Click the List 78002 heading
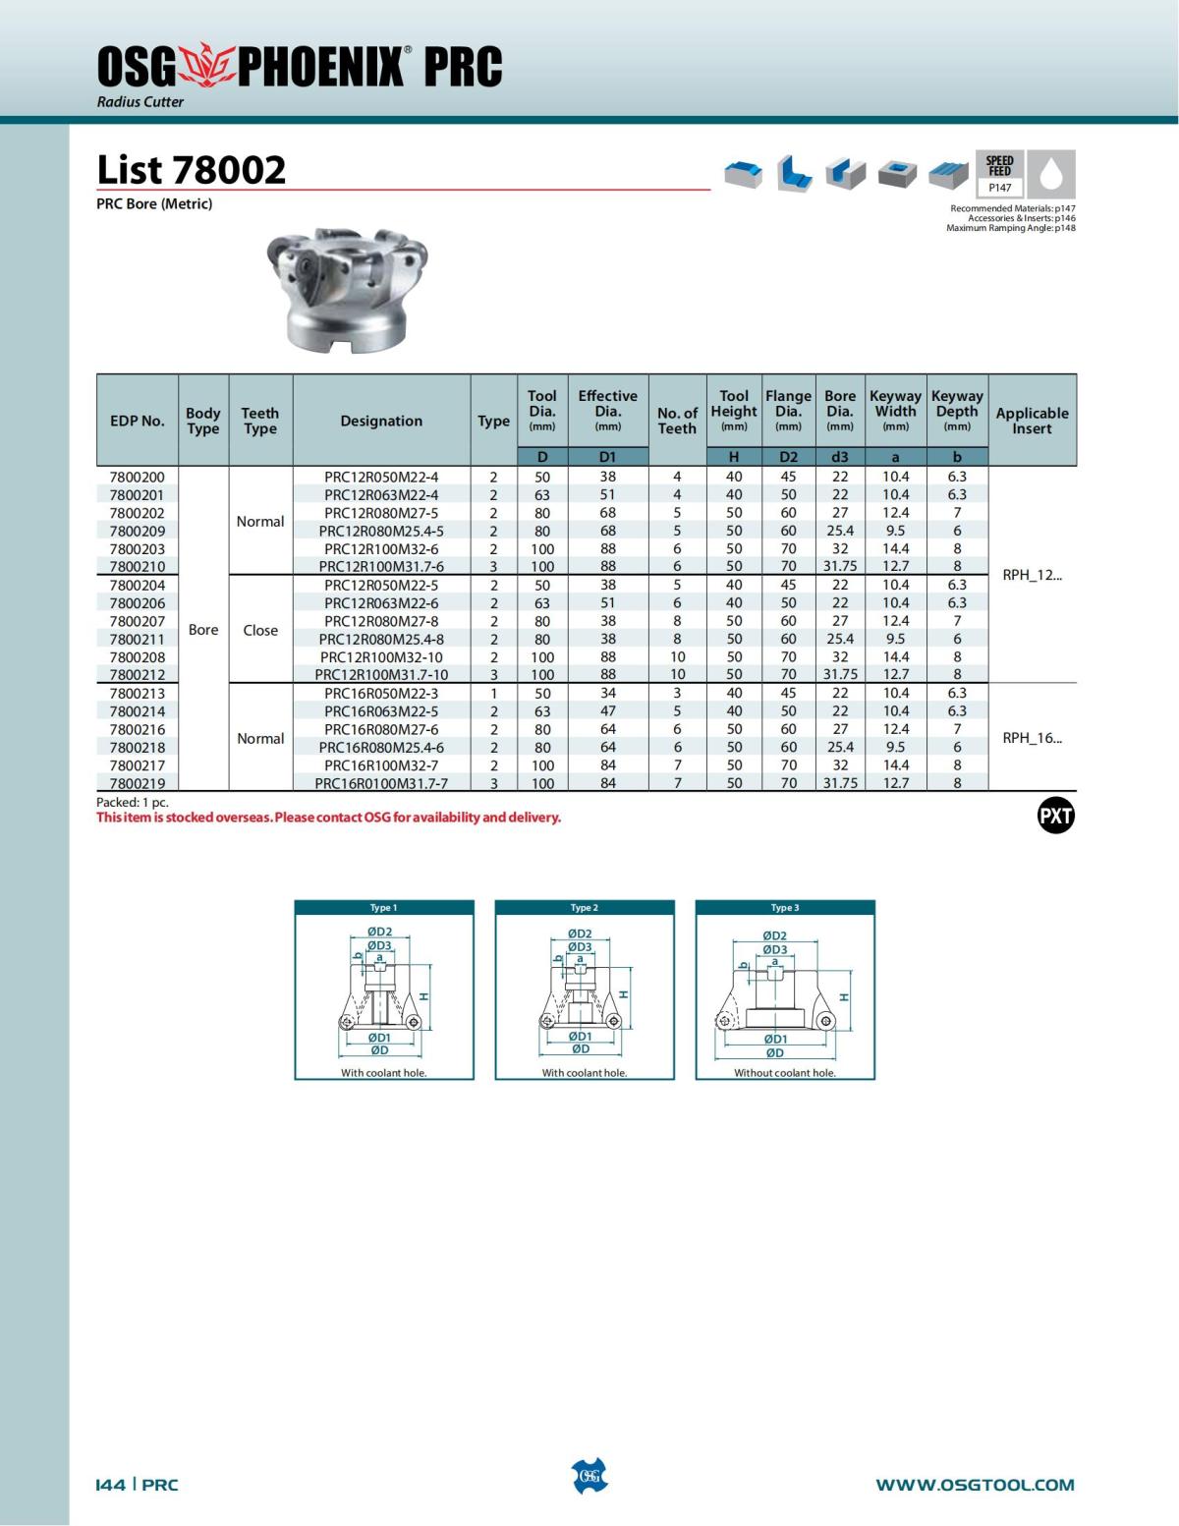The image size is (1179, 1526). click(192, 170)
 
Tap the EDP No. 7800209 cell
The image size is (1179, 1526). click(138, 531)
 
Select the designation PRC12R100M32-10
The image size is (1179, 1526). click(381, 656)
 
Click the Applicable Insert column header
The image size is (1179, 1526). click(1032, 421)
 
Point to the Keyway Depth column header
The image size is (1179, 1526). click(957, 411)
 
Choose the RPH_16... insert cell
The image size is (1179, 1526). click(1032, 738)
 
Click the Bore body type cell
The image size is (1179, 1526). click(203, 630)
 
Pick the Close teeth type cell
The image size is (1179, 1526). click(260, 630)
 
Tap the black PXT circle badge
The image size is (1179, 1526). click(1056, 816)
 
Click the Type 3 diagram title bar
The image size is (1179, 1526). click(784, 908)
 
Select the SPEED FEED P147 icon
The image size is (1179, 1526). click(999, 174)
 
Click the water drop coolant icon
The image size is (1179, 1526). click(1051, 174)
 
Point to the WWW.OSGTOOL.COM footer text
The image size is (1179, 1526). click(975, 1485)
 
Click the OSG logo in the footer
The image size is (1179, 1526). click(589, 1476)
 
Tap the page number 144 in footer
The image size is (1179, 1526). click(110, 1485)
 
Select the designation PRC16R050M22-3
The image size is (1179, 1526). click(381, 693)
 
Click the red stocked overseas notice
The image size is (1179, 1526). click(328, 818)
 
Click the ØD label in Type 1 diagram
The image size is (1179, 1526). click(379, 1050)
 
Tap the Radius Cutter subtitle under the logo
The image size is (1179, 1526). click(140, 102)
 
